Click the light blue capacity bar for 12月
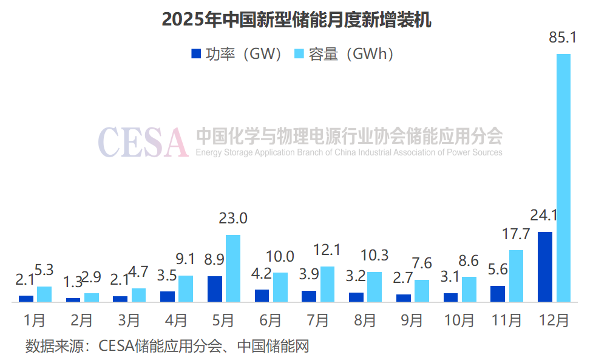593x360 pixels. tap(563, 177)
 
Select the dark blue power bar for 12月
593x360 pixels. tap(545, 267)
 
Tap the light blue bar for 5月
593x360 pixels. tap(233, 268)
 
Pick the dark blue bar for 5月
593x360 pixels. tap(215, 288)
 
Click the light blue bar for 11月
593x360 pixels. tap(516, 276)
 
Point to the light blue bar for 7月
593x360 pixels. tap(327, 284)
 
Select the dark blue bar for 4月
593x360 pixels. tap(168, 296)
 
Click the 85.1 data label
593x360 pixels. tap(563, 38)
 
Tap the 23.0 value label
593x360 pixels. tap(233, 219)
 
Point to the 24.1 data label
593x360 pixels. tap(544, 215)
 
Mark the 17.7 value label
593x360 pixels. tap(516, 234)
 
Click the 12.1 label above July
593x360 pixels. tap(327, 250)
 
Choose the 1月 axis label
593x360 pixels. tap(35, 320)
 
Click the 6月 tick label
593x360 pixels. tap(271, 320)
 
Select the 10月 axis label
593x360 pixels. tap(459, 320)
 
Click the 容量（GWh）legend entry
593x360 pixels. tap(344, 54)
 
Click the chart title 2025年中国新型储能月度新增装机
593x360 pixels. tap(296, 19)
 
